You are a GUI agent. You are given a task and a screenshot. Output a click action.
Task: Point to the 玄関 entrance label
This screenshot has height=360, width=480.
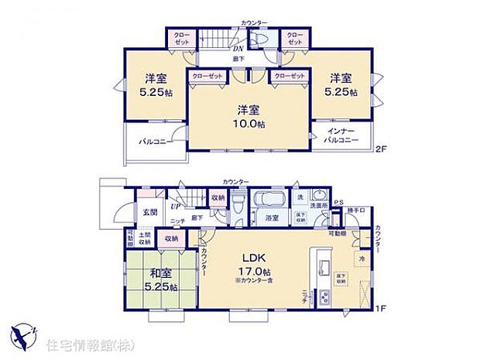tap(149, 212)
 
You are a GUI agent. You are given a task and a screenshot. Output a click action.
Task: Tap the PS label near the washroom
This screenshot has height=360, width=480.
tap(338, 204)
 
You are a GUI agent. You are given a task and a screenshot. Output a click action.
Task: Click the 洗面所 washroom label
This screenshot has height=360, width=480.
tap(318, 207)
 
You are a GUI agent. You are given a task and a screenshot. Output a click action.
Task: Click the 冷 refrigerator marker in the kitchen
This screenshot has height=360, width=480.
tap(361, 258)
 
